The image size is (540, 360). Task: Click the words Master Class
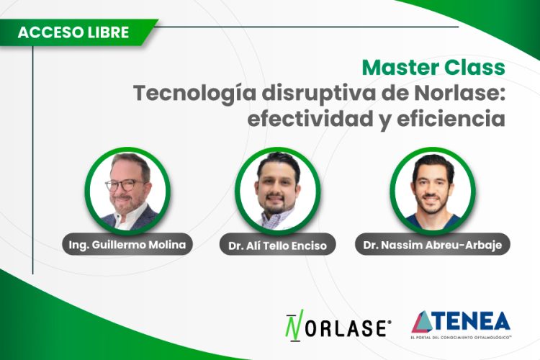[x=433, y=68]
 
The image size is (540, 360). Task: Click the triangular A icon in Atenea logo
[x=423, y=322]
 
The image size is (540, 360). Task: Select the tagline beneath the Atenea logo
[x=461, y=336]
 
